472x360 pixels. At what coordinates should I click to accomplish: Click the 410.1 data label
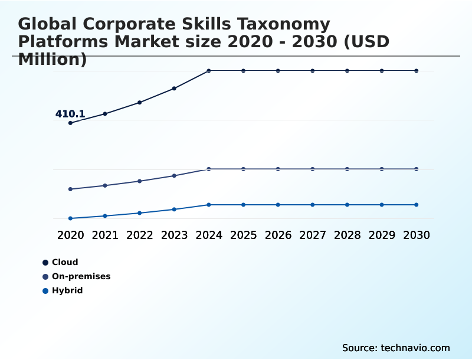coord(70,114)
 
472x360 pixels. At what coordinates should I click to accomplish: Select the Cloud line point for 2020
coord(70,123)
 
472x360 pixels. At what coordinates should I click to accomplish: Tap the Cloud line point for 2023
coord(174,89)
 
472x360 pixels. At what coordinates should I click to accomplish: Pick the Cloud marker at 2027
coord(313,71)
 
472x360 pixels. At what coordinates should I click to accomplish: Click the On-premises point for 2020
coord(70,189)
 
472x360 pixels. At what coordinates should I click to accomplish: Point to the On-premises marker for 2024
coord(209,169)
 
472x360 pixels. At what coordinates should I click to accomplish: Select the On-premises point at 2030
coord(417,169)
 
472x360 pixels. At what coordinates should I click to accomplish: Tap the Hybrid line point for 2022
coord(140,213)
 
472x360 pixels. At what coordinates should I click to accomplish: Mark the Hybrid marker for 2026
coord(278,205)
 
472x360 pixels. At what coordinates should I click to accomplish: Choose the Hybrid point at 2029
coord(382,205)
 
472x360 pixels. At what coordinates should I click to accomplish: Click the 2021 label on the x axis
coord(105,235)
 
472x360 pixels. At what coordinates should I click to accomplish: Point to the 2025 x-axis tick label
coord(244,235)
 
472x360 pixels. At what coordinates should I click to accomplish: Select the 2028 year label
coord(348,235)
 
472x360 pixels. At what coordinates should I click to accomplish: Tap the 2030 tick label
coord(417,235)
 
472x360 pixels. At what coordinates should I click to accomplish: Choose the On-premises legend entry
coord(76,276)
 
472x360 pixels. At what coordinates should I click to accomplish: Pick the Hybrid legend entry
coord(63,290)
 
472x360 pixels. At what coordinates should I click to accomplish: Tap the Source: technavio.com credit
coord(396,348)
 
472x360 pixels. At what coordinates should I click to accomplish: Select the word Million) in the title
coord(53,60)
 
